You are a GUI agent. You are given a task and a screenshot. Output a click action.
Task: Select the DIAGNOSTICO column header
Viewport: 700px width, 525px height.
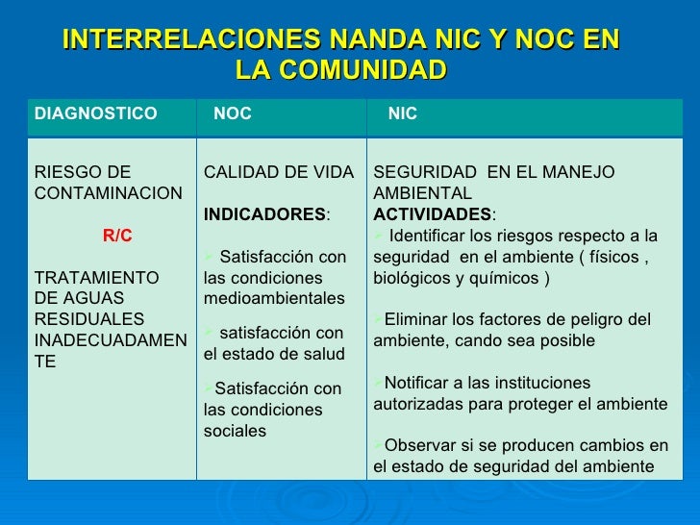[95, 114]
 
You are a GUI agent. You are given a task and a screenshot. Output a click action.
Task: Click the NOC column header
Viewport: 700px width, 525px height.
[233, 114]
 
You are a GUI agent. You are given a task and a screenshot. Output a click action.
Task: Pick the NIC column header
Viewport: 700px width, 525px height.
[403, 114]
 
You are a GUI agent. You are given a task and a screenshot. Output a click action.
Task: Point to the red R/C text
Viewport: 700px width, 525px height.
[117, 236]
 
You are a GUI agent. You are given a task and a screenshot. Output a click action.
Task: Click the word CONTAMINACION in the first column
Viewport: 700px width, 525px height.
[108, 193]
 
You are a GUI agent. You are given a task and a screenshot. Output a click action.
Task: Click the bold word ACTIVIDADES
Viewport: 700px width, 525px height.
[432, 213]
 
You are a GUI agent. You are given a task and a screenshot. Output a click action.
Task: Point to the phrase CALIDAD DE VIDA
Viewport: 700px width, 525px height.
[279, 172]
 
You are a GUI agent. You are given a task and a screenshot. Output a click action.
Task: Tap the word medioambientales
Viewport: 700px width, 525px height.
[274, 298]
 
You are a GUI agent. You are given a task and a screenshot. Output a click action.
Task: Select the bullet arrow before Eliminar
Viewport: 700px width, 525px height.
[378, 319]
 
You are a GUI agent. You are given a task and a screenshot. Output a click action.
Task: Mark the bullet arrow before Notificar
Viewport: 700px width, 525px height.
[378, 383]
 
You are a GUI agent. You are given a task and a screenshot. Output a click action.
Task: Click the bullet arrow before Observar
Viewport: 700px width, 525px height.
[378, 446]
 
